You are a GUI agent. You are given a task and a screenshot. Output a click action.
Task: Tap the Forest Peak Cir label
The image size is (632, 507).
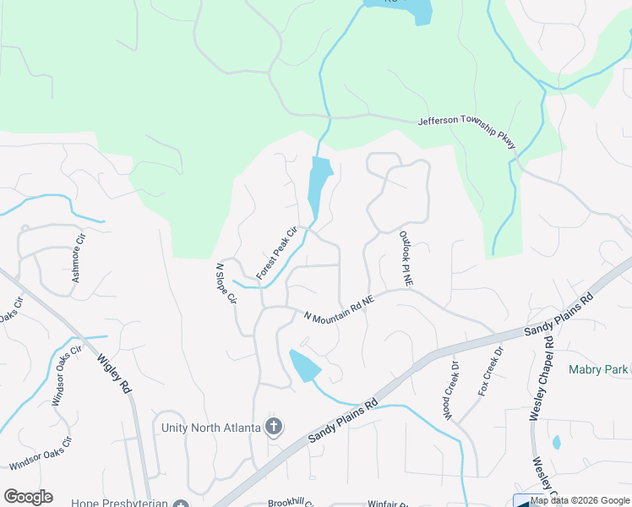point(278,253)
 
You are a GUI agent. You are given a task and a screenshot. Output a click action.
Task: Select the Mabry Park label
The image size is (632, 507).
point(598,369)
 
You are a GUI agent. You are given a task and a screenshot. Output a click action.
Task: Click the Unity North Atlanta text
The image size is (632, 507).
point(210,428)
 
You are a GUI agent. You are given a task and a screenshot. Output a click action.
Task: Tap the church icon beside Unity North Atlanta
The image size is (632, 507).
point(273,427)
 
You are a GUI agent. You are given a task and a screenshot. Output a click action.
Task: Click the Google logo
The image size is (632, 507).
point(28,497)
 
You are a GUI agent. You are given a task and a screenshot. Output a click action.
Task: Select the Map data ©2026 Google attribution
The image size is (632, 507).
point(580,500)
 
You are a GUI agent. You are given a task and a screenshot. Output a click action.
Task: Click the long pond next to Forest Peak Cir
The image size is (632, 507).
point(319,188)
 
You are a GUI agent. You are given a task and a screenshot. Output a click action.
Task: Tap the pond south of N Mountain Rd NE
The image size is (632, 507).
point(304,366)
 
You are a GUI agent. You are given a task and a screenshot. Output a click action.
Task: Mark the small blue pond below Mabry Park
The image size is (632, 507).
point(556,442)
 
